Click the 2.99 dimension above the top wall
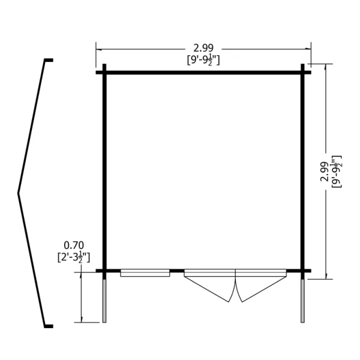pos(203,48)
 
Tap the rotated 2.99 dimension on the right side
pos(324,172)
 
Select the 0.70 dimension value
pos(74,245)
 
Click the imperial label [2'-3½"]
pos(74,257)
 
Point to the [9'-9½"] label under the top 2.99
pos(203,60)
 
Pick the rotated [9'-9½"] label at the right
pos(337,172)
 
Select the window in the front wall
pos(145,273)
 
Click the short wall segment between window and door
pos(177,271)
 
